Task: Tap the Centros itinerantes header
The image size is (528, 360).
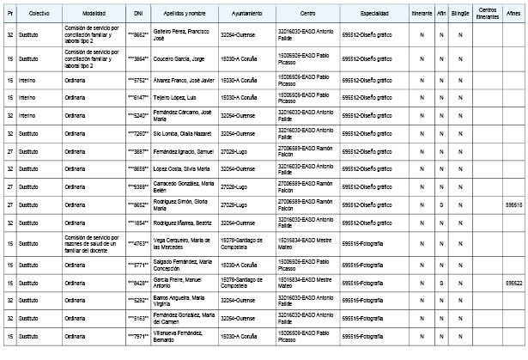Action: click(486, 15)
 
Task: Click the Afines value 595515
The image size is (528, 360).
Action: click(514, 205)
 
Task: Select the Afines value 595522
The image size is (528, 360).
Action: click(514, 282)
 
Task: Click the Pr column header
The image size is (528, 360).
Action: click(9, 15)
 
